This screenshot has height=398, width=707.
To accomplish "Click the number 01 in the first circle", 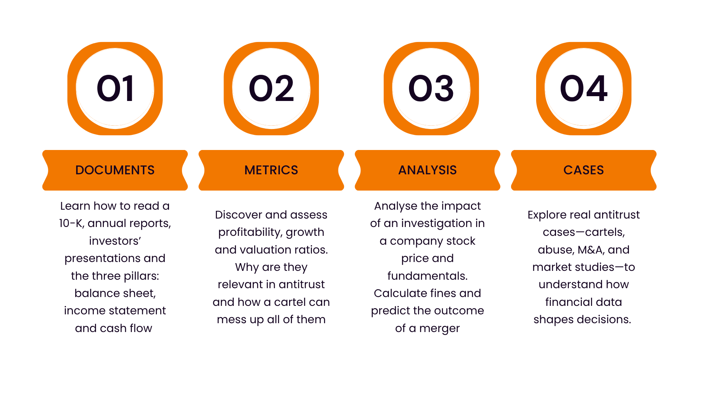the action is click(x=115, y=88).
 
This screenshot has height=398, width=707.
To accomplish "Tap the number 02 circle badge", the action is click(x=271, y=88).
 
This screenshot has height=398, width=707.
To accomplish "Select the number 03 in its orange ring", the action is click(x=431, y=88).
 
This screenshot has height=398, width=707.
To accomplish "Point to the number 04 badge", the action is click(x=584, y=88).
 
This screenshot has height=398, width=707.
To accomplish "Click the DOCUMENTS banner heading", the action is click(x=115, y=170).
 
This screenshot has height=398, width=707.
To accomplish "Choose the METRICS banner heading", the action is click(x=271, y=170).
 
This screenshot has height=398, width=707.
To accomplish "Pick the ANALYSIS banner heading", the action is click(x=428, y=170).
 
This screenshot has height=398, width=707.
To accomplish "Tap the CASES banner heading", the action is click(x=584, y=170).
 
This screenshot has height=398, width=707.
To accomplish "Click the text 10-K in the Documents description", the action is click(x=71, y=223).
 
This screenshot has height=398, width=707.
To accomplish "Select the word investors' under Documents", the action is click(x=115, y=241).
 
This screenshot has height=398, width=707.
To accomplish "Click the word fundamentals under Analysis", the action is click(x=428, y=276).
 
